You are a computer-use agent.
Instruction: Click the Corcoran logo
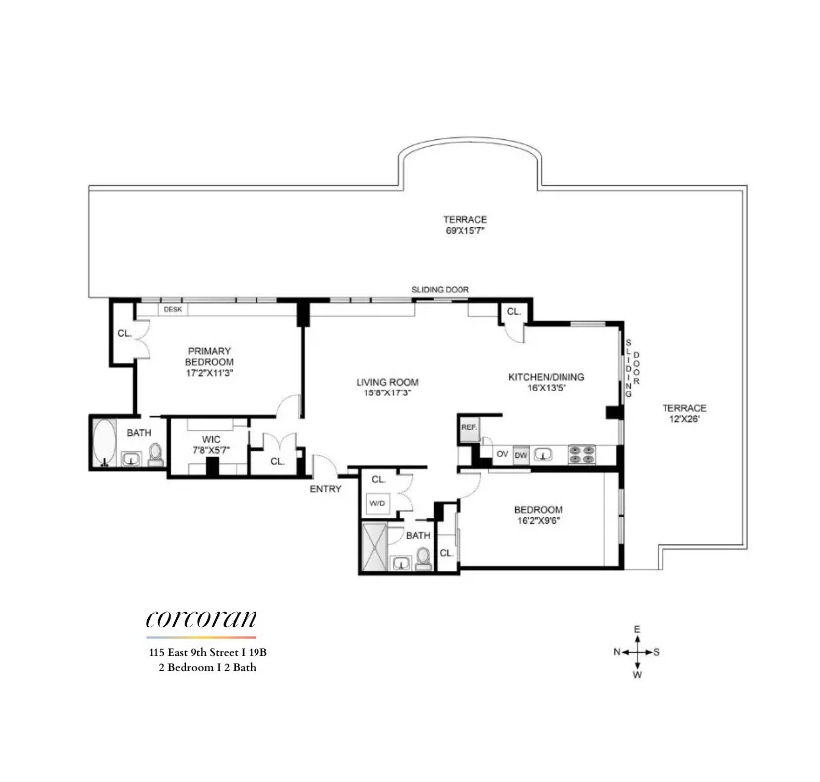point(200,619)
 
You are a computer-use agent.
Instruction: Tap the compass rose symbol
point(637,652)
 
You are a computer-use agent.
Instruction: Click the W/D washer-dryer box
point(377,503)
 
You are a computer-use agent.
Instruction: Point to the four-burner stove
point(581,455)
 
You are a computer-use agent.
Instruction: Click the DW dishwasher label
point(521,455)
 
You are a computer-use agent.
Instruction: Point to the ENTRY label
point(325,489)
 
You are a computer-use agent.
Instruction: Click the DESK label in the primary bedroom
point(173,309)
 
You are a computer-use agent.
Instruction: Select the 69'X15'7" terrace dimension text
point(465,232)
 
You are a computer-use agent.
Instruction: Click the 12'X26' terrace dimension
point(684,420)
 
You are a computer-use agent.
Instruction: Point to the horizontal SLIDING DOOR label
point(440,289)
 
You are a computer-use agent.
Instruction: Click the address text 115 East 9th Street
point(201,652)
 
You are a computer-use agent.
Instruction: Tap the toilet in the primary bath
point(155,454)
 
